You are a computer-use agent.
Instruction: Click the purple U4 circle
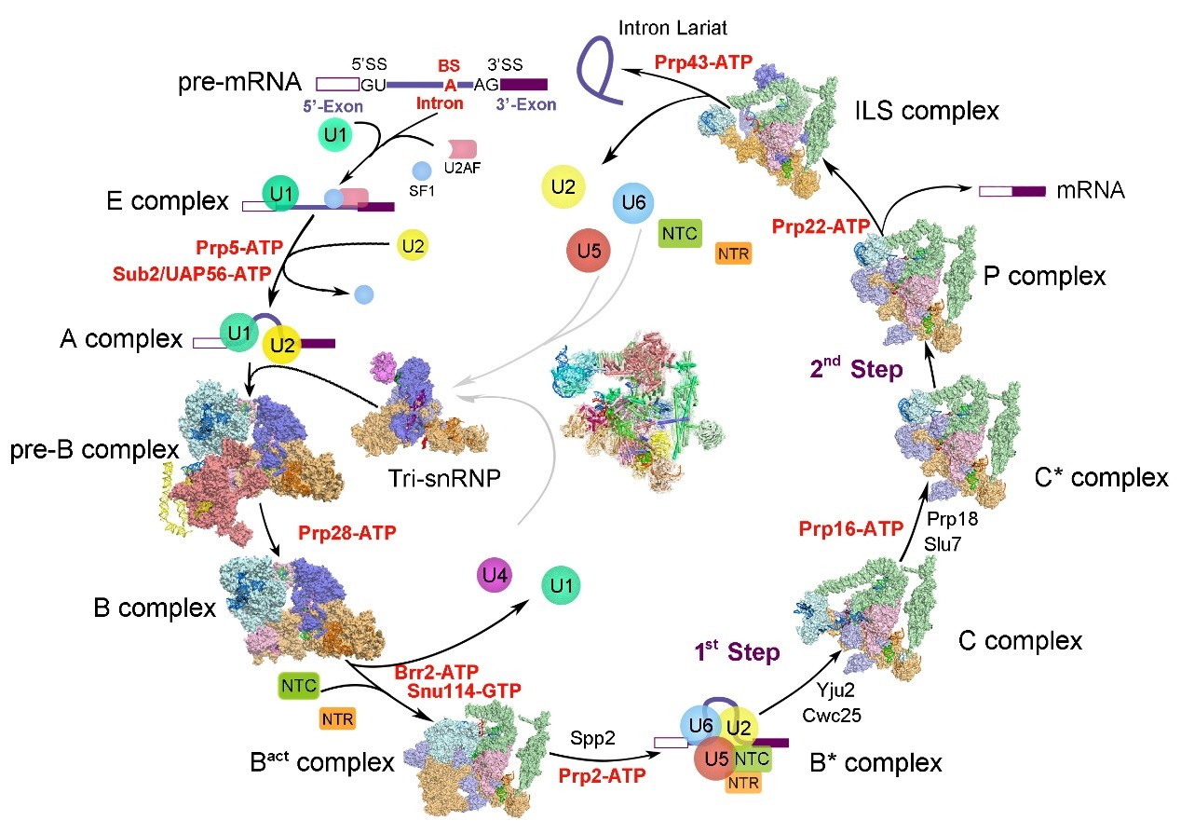point(494,575)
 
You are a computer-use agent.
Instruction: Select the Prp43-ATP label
point(703,62)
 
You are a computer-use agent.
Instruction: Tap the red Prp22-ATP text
point(821,226)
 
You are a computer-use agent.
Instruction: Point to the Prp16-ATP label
point(851,528)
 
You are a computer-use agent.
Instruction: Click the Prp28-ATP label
point(346,533)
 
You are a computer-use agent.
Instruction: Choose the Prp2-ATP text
point(602,776)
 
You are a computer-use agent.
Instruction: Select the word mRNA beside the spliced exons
point(1091,190)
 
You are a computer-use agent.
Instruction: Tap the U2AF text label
point(462,169)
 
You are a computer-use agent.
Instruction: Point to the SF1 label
point(422,191)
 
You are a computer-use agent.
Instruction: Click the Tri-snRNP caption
point(444,478)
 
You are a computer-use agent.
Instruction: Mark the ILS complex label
point(927,111)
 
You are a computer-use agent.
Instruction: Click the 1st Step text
point(737,651)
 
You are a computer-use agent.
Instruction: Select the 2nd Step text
point(856,368)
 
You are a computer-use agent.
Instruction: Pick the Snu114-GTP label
point(464,690)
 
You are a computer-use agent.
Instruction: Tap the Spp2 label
point(592,738)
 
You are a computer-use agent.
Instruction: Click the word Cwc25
point(832,716)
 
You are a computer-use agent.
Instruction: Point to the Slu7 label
point(943,544)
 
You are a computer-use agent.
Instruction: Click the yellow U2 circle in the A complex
point(281,346)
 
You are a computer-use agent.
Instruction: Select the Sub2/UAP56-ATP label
point(192,274)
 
